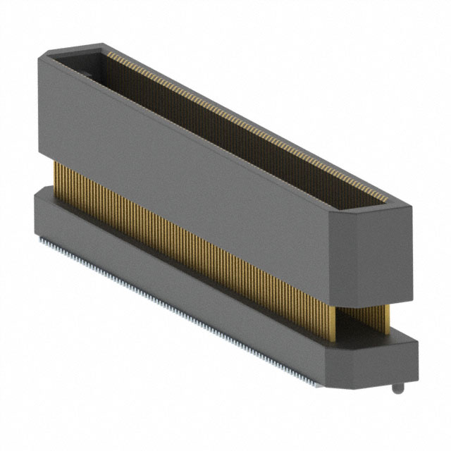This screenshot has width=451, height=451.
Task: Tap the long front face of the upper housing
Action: point(183,162)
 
